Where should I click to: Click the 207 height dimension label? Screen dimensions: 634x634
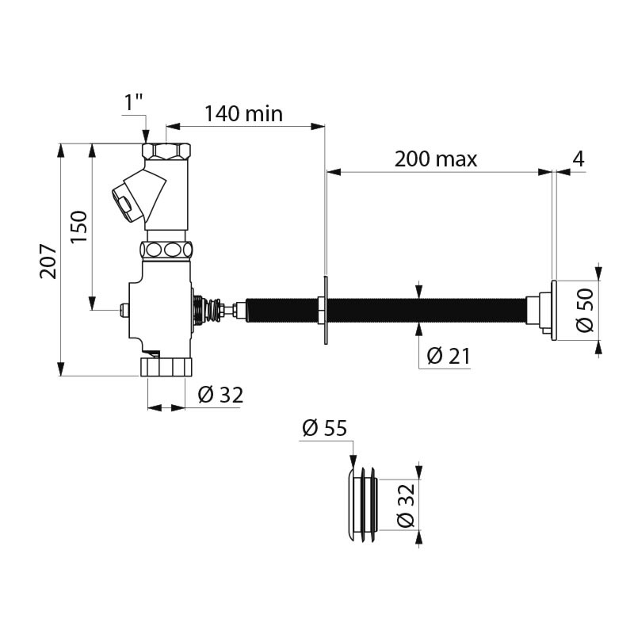pos(49,260)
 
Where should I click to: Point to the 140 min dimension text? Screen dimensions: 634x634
pos(243,113)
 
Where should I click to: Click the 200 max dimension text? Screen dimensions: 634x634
pos(436,159)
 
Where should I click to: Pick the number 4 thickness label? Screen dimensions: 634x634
pos(578,158)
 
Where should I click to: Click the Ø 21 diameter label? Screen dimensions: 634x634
pos(448,357)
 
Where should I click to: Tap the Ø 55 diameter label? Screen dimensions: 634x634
pos(324,429)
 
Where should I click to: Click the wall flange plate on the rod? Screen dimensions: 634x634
pos(325,310)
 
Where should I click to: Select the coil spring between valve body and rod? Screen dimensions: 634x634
pos(209,310)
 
